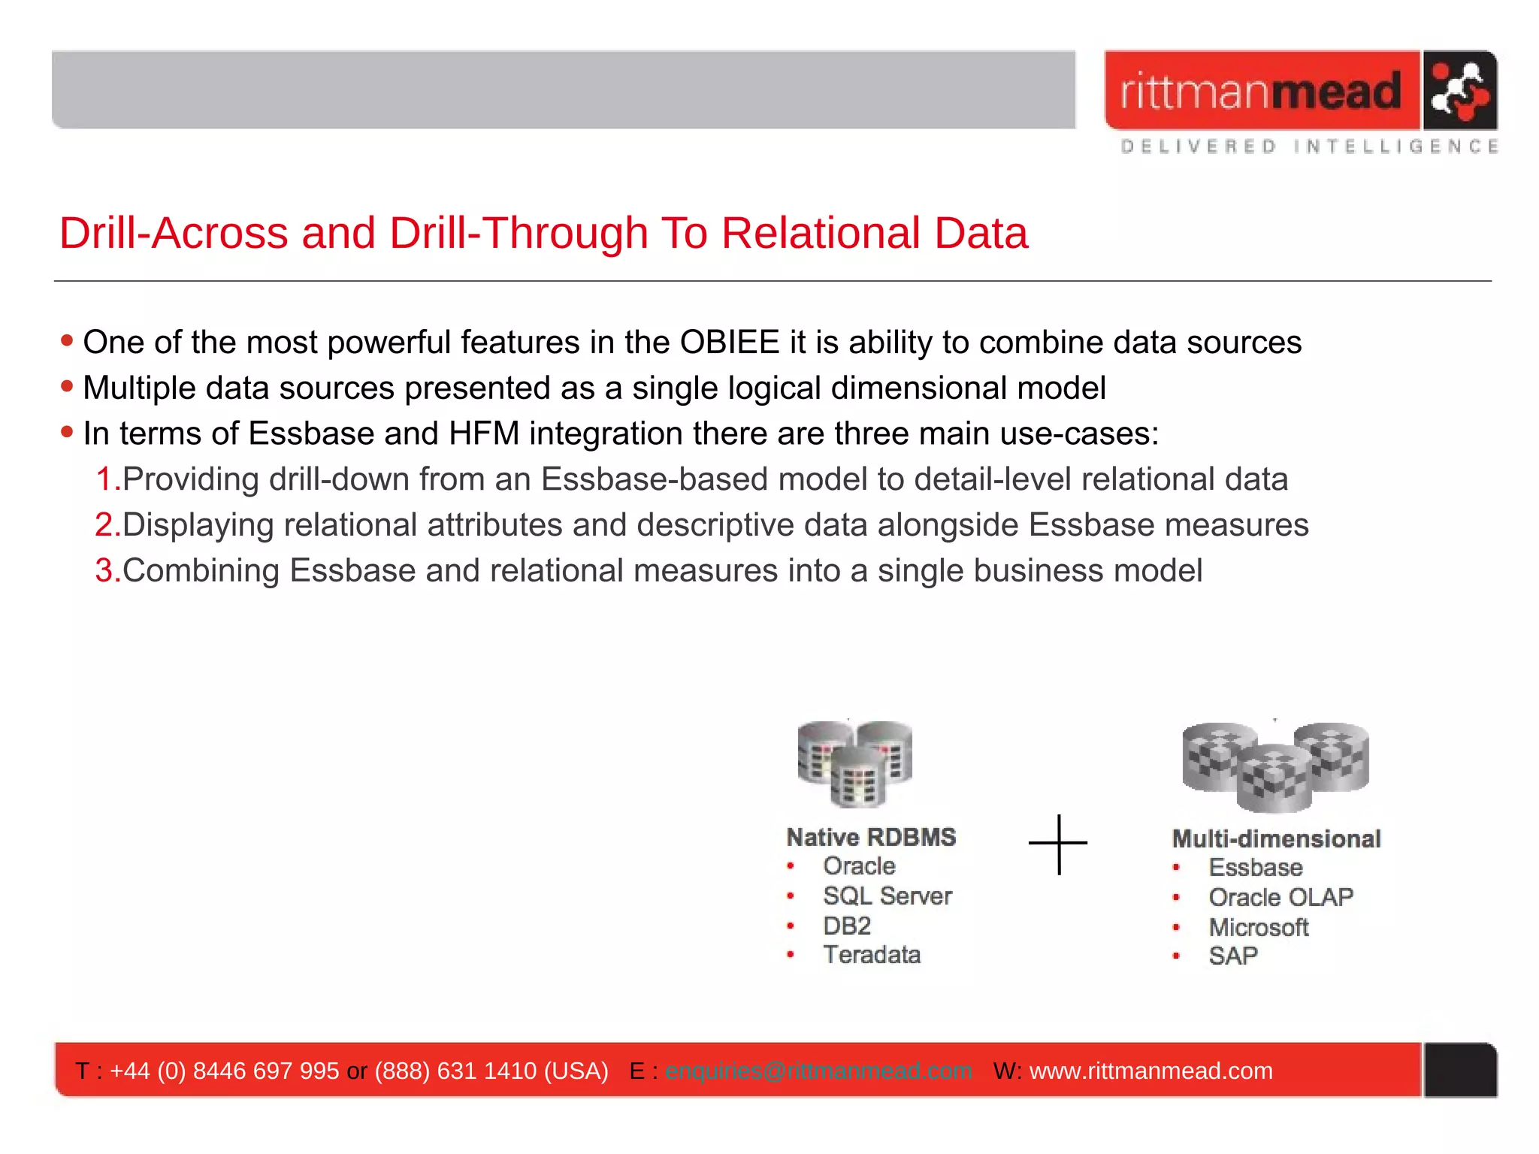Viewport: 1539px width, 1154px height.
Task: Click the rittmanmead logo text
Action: click(x=1261, y=92)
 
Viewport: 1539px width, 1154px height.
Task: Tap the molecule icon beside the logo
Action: click(x=1459, y=91)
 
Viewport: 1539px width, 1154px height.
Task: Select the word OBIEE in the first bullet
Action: click(x=729, y=343)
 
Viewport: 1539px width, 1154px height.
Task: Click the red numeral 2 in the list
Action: click(x=104, y=525)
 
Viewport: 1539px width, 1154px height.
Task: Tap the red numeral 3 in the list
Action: click(x=104, y=571)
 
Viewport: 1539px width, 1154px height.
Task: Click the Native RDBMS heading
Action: click(x=871, y=837)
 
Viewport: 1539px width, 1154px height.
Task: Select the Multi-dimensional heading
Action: click(x=1276, y=838)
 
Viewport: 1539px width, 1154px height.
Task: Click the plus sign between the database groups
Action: click(x=1058, y=844)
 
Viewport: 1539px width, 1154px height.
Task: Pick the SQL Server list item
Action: click(x=887, y=896)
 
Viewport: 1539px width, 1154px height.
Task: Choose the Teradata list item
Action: click(x=872, y=955)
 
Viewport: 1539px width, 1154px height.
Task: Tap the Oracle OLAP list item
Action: click(x=1280, y=897)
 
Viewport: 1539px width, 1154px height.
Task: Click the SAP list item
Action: click(x=1232, y=956)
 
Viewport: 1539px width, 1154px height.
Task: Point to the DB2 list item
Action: click(x=847, y=926)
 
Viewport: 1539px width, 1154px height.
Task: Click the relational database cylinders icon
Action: click(x=855, y=763)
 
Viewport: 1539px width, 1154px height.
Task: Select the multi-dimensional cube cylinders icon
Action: click(x=1275, y=766)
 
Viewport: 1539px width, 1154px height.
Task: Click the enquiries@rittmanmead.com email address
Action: click(x=818, y=1071)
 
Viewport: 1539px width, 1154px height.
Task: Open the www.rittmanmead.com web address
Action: click(x=1150, y=1071)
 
